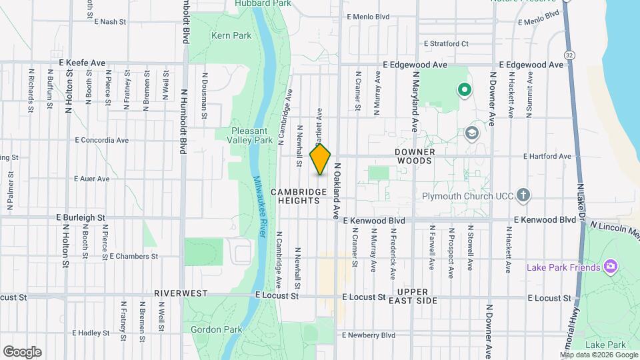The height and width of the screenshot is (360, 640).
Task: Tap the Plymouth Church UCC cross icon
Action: click(x=523, y=195)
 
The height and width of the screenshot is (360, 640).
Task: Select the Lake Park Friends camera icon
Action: click(x=609, y=267)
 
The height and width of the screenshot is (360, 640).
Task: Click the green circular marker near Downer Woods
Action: click(x=464, y=89)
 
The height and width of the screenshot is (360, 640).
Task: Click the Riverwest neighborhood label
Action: click(x=181, y=293)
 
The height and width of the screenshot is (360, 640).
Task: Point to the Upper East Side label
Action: click(x=417, y=297)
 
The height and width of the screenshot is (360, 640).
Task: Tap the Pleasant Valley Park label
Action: click(x=253, y=136)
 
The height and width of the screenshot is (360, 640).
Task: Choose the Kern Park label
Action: click(x=226, y=35)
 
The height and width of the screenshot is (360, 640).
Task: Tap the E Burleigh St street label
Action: click(x=81, y=217)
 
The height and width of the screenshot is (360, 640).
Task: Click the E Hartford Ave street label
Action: click(x=547, y=157)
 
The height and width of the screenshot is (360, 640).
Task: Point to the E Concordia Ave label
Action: click(x=101, y=140)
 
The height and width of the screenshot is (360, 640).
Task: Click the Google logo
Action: click(x=22, y=351)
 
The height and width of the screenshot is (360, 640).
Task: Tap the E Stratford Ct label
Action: click(x=446, y=43)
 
